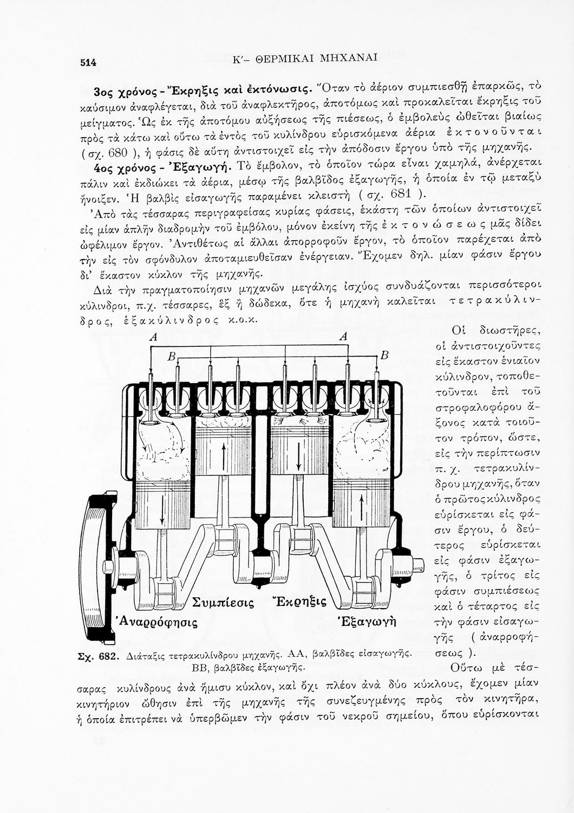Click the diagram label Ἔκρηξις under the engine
[x=298, y=602]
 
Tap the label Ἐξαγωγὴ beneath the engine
[x=367, y=621]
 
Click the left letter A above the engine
[x=153, y=338]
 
